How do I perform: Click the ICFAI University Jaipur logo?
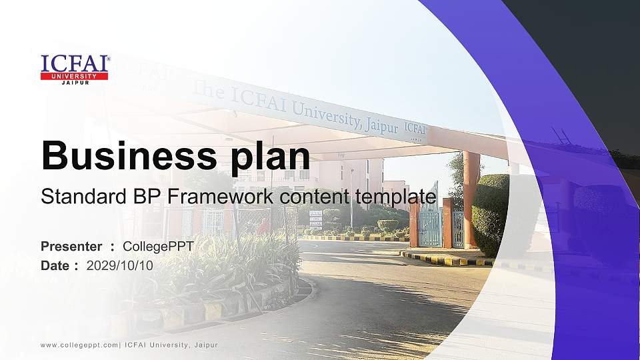click(x=75, y=69)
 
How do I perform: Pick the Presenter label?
click(x=71, y=247)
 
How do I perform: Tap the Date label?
click(x=56, y=265)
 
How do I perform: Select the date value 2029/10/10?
click(x=120, y=265)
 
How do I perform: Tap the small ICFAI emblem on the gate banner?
click(x=415, y=129)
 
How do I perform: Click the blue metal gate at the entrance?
click(x=429, y=223)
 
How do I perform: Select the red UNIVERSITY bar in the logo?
click(x=75, y=76)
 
